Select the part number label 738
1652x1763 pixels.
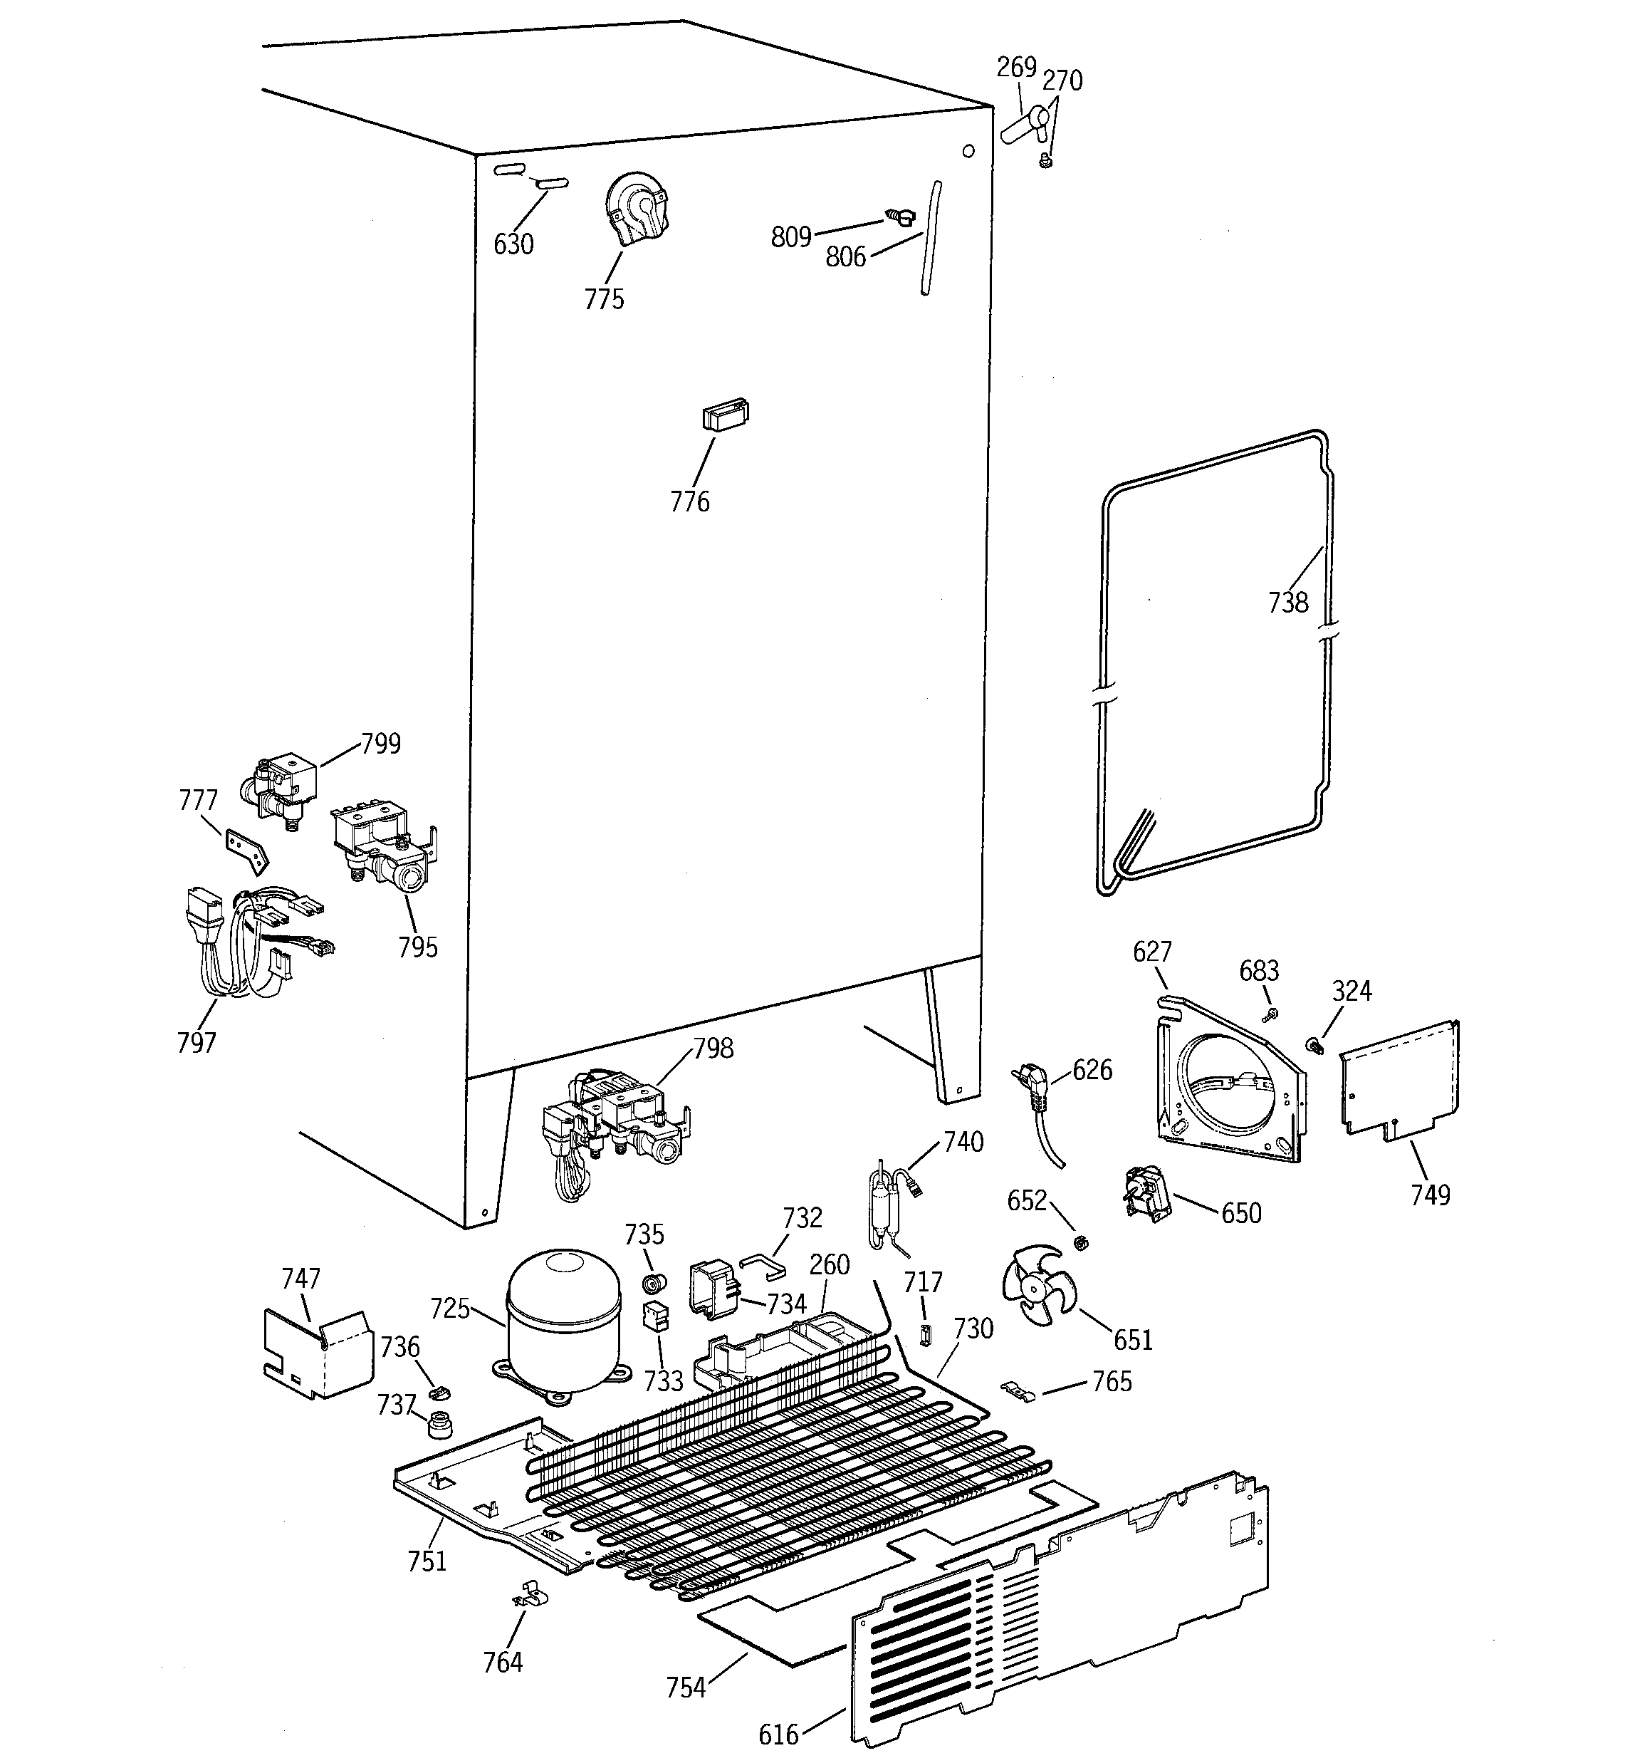tap(1287, 603)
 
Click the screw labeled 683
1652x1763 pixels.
tap(1270, 1014)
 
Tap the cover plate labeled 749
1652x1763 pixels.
tap(1401, 1078)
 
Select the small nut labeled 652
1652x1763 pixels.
tap(1080, 1242)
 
